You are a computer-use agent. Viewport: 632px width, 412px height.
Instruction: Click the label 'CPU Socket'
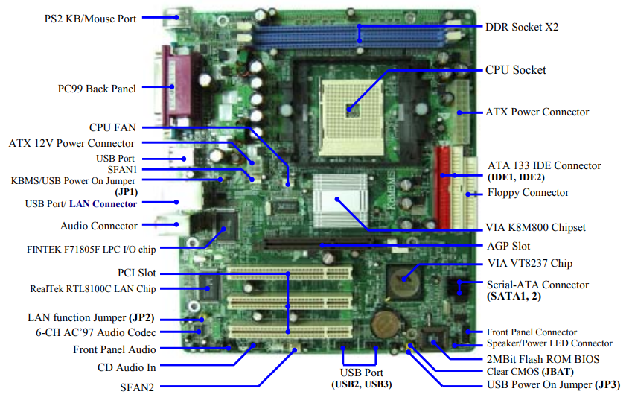pyautogui.click(x=515, y=69)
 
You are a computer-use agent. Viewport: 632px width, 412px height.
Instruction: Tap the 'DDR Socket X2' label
pyautogui.click(x=522, y=27)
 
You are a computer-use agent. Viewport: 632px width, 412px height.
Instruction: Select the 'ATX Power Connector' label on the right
pyautogui.click(x=537, y=112)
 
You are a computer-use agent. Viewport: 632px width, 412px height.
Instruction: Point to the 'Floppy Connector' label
pyautogui.click(x=528, y=192)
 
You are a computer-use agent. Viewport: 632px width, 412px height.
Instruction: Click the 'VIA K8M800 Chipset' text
pyautogui.click(x=536, y=227)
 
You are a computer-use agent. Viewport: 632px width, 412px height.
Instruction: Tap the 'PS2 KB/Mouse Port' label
pyautogui.click(x=90, y=18)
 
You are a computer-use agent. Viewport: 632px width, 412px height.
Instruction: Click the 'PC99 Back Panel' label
pyautogui.click(x=97, y=89)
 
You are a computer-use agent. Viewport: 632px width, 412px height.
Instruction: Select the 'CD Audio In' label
pyautogui.click(x=127, y=367)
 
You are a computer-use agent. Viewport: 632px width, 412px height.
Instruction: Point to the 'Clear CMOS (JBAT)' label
pyautogui.click(x=518, y=372)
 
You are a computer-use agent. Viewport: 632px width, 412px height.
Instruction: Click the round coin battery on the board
pyautogui.click(x=386, y=323)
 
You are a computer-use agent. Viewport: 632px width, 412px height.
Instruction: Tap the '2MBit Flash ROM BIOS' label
pyautogui.click(x=532, y=358)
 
